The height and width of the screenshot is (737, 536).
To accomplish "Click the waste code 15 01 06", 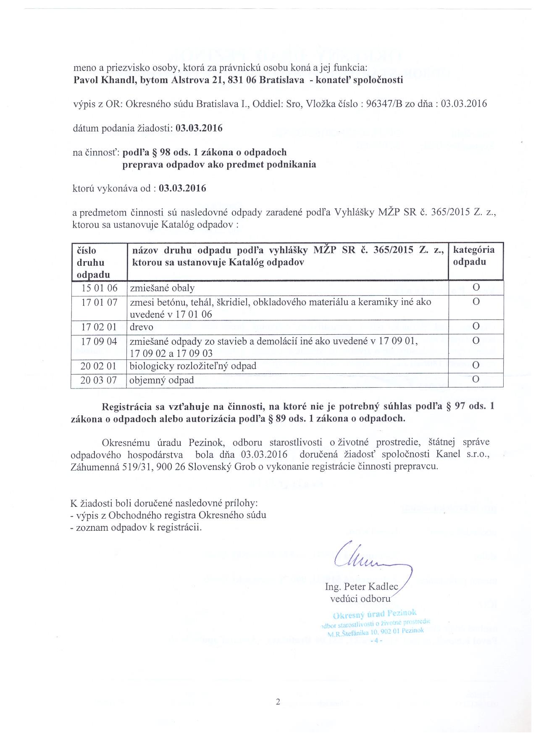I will point(99,288).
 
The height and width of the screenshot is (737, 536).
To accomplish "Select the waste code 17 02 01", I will point(99,327).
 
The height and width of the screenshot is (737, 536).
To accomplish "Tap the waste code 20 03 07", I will point(99,380).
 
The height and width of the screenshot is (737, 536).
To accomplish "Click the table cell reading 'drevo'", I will point(142,327).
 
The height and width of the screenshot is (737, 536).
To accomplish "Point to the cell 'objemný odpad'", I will point(162,380).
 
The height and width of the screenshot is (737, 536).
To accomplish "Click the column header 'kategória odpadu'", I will point(474,256).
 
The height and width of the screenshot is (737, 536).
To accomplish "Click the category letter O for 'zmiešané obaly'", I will point(476,288).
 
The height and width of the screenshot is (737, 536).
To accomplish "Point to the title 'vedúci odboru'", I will point(360,598).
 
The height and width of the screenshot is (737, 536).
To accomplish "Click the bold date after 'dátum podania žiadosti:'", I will point(199,128).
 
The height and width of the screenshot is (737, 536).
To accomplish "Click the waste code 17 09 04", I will point(99,341).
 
